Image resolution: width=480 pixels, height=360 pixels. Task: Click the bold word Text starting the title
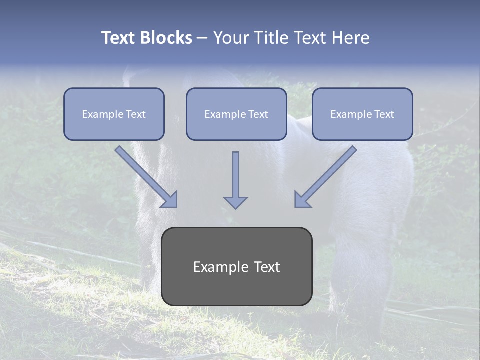click(x=118, y=38)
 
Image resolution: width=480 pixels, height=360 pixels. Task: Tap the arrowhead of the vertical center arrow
click(x=235, y=202)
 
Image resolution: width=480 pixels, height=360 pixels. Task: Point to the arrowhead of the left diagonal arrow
click(x=170, y=200)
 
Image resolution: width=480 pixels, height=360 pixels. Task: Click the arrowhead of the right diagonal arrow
click(x=302, y=200)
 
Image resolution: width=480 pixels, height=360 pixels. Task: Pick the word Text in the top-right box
click(x=384, y=114)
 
